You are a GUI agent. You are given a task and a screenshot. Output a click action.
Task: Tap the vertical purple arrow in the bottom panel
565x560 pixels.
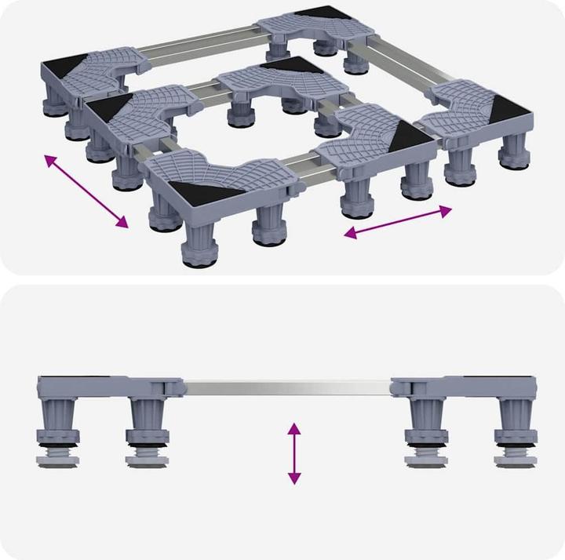tap(294, 453)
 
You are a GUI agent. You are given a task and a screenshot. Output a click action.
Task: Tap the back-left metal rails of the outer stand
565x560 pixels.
tap(200, 40)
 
